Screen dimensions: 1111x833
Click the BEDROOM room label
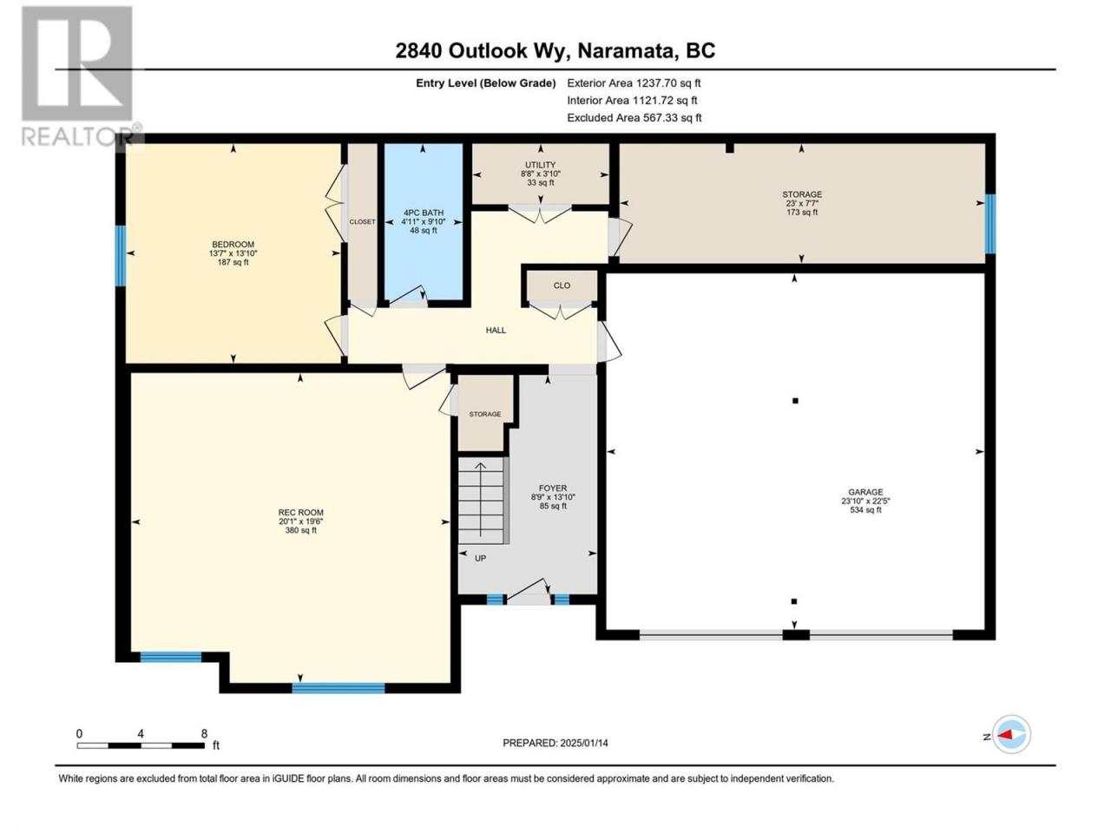(233, 245)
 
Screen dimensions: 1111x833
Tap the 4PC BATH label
(424, 213)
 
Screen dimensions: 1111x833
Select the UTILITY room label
(540, 165)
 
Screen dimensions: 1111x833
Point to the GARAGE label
(865, 492)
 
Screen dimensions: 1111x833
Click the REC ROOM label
(300, 512)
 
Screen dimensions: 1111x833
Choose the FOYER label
(553, 488)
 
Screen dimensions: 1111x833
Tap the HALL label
(496, 331)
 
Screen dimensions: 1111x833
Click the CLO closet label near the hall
(562, 285)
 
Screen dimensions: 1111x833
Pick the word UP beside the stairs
(480, 558)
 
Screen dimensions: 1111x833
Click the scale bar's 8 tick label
(204, 734)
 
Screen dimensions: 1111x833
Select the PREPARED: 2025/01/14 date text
(555, 743)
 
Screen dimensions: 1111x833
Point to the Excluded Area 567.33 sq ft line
(634, 118)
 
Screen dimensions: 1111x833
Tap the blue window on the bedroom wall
(121, 255)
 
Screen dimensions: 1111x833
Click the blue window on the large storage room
(990, 224)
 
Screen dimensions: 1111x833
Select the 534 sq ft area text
(865, 510)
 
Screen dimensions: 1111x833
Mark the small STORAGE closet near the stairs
(485, 413)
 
